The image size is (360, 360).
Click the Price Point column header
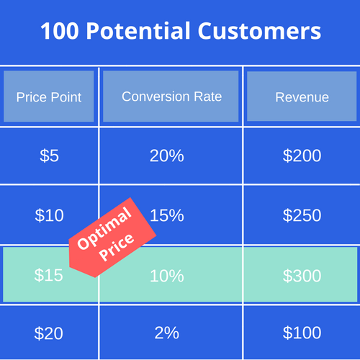[49, 97]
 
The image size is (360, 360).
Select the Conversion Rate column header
[171, 96]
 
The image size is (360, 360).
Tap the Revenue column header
[302, 97]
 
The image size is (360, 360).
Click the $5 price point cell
[49, 156]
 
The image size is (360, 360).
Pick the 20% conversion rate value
[166, 156]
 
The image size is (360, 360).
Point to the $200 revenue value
[302, 156]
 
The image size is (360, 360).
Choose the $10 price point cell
[49, 215]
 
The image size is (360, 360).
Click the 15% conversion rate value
[167, 215]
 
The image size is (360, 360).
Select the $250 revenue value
[302, 215]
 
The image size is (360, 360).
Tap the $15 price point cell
[49, 275]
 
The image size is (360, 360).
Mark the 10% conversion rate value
[166, 275]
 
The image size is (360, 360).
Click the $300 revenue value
[302, 275]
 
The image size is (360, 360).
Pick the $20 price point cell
[49, 333]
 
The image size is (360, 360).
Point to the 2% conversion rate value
[166, 333]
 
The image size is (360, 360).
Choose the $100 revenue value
[302, 333]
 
